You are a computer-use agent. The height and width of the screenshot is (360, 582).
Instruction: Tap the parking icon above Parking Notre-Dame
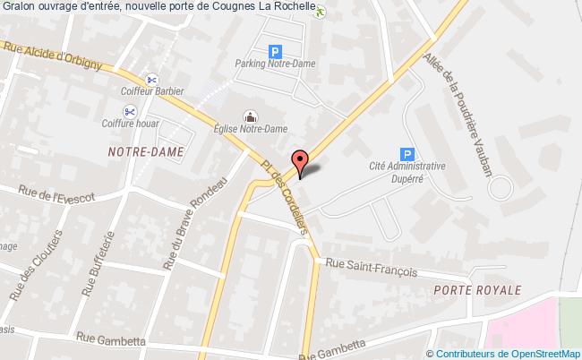click(x=276, y=52)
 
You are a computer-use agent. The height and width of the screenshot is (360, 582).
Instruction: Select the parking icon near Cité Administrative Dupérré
click(x=407, y=154)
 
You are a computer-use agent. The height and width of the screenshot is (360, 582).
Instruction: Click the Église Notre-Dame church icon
click(x=251, y=116)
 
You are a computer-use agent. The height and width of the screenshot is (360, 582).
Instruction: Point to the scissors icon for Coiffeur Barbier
click(x=153, y=78)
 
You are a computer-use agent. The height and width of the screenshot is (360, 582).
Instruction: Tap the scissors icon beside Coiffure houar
click(x=130, y=111)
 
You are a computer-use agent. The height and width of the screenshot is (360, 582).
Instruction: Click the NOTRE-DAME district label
click(x=144, y=151)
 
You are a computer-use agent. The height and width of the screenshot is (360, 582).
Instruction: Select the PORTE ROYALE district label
click(x=475, y=291)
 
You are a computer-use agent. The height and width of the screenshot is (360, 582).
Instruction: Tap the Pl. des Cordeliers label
click(x=286, y=189)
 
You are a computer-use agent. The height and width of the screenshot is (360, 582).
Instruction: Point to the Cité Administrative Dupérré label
click(x=407, y=173)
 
